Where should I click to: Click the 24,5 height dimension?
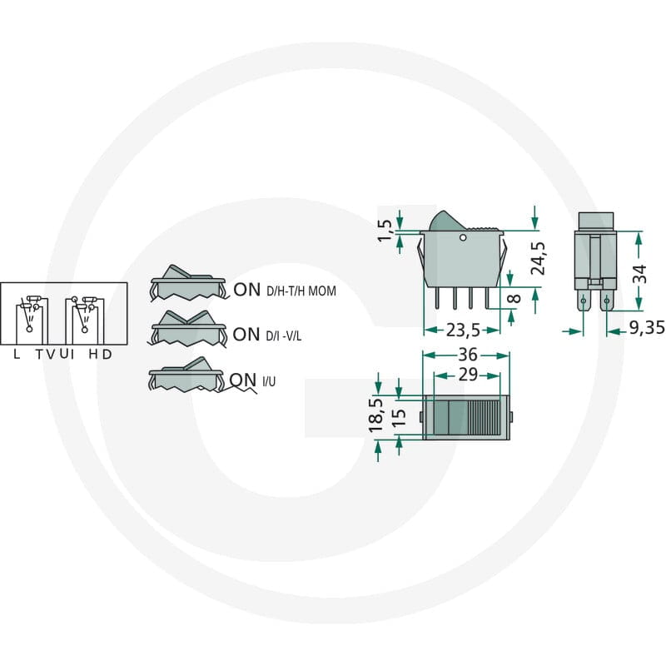538,259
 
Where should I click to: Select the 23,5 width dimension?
463,330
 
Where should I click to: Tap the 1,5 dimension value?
385,231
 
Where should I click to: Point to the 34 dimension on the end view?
639,274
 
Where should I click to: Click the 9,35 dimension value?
647,327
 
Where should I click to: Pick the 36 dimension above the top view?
468,355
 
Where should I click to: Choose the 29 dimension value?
468,375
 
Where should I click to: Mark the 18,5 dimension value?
375,415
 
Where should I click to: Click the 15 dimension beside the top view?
399,418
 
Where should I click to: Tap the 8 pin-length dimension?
514,298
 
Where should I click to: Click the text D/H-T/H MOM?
301,291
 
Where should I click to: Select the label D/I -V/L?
284,336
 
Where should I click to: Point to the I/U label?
269,381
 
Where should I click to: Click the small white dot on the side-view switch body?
463,237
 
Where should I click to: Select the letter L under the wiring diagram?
17,354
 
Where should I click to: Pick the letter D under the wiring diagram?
107,354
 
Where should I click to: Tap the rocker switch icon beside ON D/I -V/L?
187,329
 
